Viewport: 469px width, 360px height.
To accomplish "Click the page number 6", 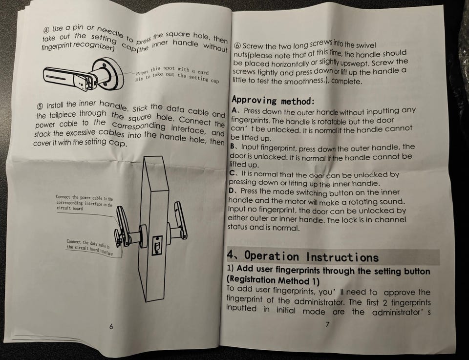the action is click(111, 326).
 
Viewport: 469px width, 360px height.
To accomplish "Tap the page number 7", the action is click(327, 324).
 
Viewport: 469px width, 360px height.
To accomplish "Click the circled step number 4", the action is click(47, 30).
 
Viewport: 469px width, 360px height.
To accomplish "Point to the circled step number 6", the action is click(237, 46).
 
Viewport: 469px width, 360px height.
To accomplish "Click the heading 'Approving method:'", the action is click(273, 100).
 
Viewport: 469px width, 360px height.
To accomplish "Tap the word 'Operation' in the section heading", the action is click(272, 256).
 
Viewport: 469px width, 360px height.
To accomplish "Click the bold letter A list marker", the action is click(234, 110).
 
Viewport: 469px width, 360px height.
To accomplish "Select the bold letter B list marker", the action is click(233, 147).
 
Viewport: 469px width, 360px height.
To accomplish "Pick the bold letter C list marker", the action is click(233, 173).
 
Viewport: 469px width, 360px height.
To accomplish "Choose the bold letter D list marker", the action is click(232, 191).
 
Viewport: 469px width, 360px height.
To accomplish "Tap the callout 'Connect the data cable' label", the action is click(89, 248).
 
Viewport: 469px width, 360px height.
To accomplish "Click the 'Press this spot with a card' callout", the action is click(176, 74).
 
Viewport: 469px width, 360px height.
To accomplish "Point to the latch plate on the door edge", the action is click(157, 245).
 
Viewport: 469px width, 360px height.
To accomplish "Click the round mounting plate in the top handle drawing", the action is click(108, 74).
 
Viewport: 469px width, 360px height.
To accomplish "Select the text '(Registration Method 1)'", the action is click(273, 280).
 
